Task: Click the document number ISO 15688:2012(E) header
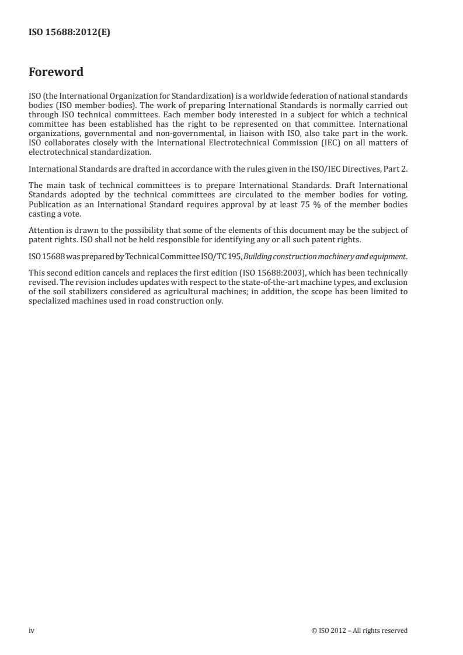pos(69,33)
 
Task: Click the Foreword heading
pos(56,73)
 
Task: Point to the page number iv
pos(32,630)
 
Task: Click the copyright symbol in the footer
pos(314,630)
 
